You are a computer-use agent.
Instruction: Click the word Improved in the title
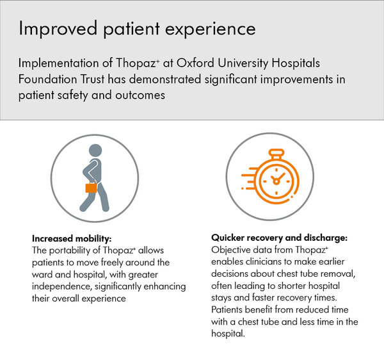coord(58,29)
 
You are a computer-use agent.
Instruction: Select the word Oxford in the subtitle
coord(195,63)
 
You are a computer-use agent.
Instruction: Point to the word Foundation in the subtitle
coord(48,79)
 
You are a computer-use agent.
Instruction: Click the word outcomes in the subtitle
coord(140,95)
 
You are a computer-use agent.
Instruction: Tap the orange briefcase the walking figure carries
coord(91,188)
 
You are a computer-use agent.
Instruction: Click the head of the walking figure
coord(95,151)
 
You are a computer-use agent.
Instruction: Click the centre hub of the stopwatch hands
coord(276,181)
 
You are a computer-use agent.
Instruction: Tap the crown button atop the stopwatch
coord(276,154)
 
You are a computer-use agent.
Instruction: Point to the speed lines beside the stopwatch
coord(250,178)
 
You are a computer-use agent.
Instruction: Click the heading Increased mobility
coord(72,238)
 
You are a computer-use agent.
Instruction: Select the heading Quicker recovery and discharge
coord(279,238)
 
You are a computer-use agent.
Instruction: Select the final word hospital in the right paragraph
coord(228,334)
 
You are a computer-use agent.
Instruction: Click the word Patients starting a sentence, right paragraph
coord(227,310)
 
